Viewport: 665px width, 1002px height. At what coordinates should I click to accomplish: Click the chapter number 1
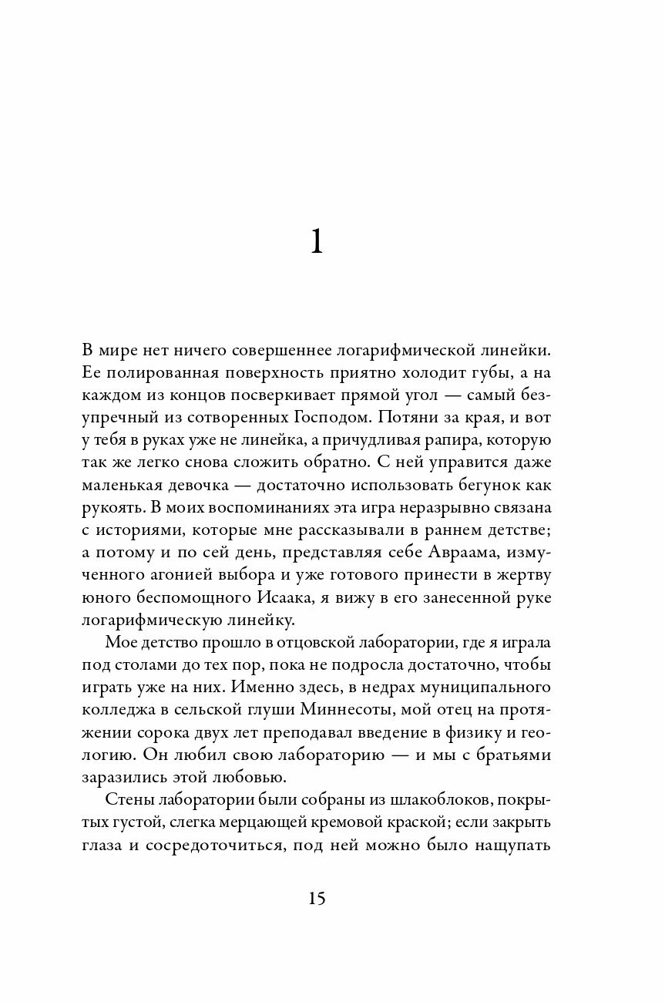click(x=316, y=243)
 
